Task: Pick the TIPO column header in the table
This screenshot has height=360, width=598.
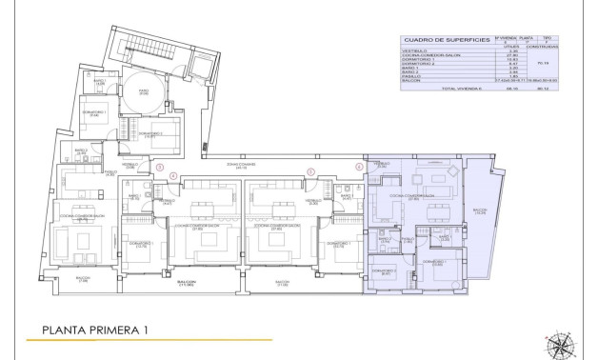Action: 546,35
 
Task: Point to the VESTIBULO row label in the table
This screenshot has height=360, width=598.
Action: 413,51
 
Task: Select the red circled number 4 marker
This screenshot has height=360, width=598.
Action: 172,175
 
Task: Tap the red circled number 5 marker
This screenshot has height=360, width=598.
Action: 310,171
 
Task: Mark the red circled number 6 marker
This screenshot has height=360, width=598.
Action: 359,168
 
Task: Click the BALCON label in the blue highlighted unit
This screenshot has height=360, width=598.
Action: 480,211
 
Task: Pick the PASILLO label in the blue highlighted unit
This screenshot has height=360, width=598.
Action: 404,239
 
